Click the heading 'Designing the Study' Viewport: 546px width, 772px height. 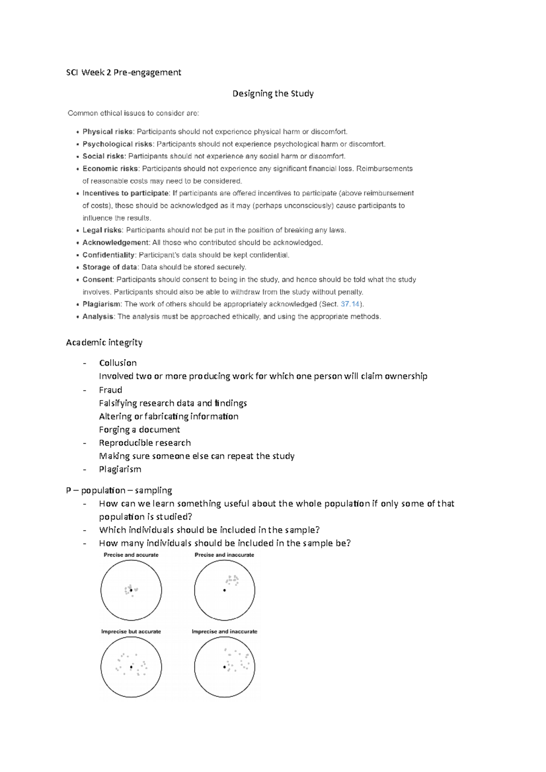[x=273, y=94]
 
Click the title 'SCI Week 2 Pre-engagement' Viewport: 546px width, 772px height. [x=123, y=72]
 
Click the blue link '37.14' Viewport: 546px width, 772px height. [x=350, y=304]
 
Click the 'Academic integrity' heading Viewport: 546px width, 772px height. [x=104, y=342]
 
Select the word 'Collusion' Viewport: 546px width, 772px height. [x=118, y=363]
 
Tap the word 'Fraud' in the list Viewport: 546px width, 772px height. [x=111, y=390]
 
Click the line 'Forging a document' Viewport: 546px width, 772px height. [x=139, y=430]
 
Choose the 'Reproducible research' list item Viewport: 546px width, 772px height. [x=145, y=443]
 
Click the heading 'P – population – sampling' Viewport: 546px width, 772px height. [x=119, y=490]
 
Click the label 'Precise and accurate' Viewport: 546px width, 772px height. [x=131, y=555]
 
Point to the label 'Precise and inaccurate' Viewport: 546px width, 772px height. [x=224, y=555]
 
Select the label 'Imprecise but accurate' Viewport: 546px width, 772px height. [x=131, y=632]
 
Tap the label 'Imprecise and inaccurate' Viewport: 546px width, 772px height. [x=224, y=632]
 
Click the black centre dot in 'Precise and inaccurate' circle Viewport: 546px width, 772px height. [x=224, y=590]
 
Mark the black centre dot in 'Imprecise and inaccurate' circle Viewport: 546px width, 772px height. [x=224, y=667]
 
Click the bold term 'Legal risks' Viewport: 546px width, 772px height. [x=102, y=231]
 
